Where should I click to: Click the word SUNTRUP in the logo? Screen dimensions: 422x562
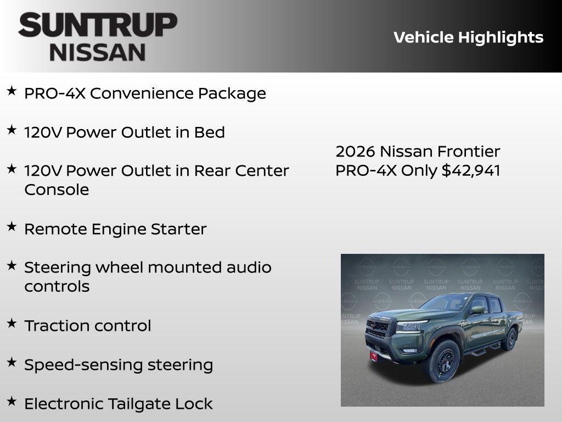98,25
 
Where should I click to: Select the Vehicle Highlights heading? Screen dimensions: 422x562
468,37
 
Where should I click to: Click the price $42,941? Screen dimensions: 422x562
471,170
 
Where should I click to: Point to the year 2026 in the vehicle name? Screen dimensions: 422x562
355,151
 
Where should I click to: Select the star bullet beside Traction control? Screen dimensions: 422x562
12,324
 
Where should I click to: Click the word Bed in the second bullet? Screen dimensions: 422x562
210,132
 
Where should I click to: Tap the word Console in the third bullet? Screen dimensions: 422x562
57,190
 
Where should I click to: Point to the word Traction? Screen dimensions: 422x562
57,325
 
